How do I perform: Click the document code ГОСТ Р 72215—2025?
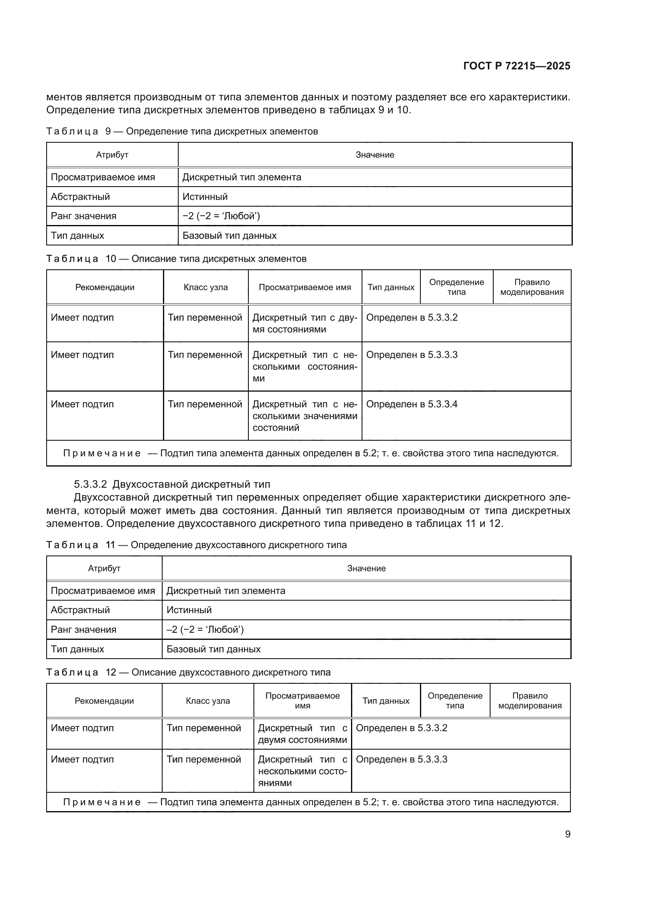click(517, 66)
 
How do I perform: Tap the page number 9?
click(567, 834)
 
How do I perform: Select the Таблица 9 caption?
click(182, 131)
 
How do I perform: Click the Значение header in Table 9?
click(375, 155)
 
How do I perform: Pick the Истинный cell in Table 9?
click(205, 197)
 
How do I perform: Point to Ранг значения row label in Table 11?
click(83, 630)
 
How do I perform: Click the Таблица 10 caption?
click(176, 259)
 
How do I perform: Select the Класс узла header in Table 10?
click(206, 287)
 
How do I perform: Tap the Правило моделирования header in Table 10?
click(532, 287)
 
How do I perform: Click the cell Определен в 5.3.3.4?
click(412, 404)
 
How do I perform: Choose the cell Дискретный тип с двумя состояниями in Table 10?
click(304, 323)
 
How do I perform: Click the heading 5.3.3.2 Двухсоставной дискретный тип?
click(172, 485)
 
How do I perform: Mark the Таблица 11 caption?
click(196, 545)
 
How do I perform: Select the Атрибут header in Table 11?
click(104, 568)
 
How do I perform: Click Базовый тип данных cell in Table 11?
click(214, 649)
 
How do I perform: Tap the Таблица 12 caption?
click(188, 673)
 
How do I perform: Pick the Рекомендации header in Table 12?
click(104, 701)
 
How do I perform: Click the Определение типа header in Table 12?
click(455, 701)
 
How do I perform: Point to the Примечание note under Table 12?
click(310, 803)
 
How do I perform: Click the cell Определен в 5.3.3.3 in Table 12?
click(402, 759)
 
